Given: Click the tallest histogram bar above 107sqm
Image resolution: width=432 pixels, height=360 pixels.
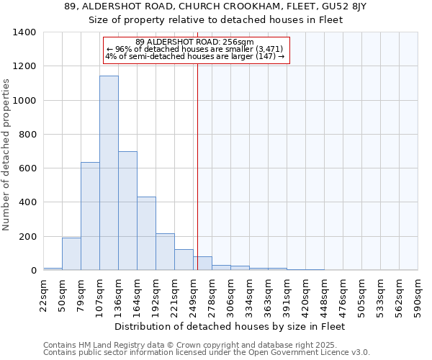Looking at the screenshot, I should (109, 173).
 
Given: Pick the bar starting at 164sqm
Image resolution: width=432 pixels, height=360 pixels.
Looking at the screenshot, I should (146, 233).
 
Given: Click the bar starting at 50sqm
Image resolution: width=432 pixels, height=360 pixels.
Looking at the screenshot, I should (71, 253).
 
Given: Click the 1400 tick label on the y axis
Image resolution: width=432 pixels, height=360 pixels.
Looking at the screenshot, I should (24, 32).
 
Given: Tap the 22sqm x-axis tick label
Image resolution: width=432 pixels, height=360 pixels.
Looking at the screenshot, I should (44, 295).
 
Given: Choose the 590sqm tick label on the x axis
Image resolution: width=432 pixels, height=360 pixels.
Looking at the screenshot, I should (418, 295).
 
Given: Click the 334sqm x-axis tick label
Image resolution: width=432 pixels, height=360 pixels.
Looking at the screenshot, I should (250, 295).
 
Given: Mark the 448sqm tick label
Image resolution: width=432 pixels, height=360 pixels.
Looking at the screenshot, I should (325, 295).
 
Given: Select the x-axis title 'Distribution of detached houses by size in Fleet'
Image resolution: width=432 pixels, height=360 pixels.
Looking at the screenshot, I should (230, 327).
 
